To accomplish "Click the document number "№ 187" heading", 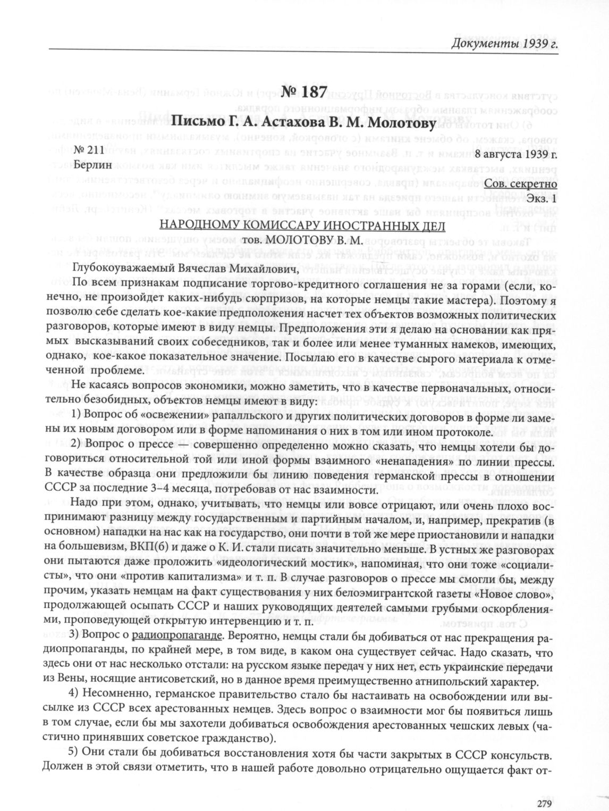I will (x=304, y=92).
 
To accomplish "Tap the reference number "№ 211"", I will (x=88, y=151).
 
